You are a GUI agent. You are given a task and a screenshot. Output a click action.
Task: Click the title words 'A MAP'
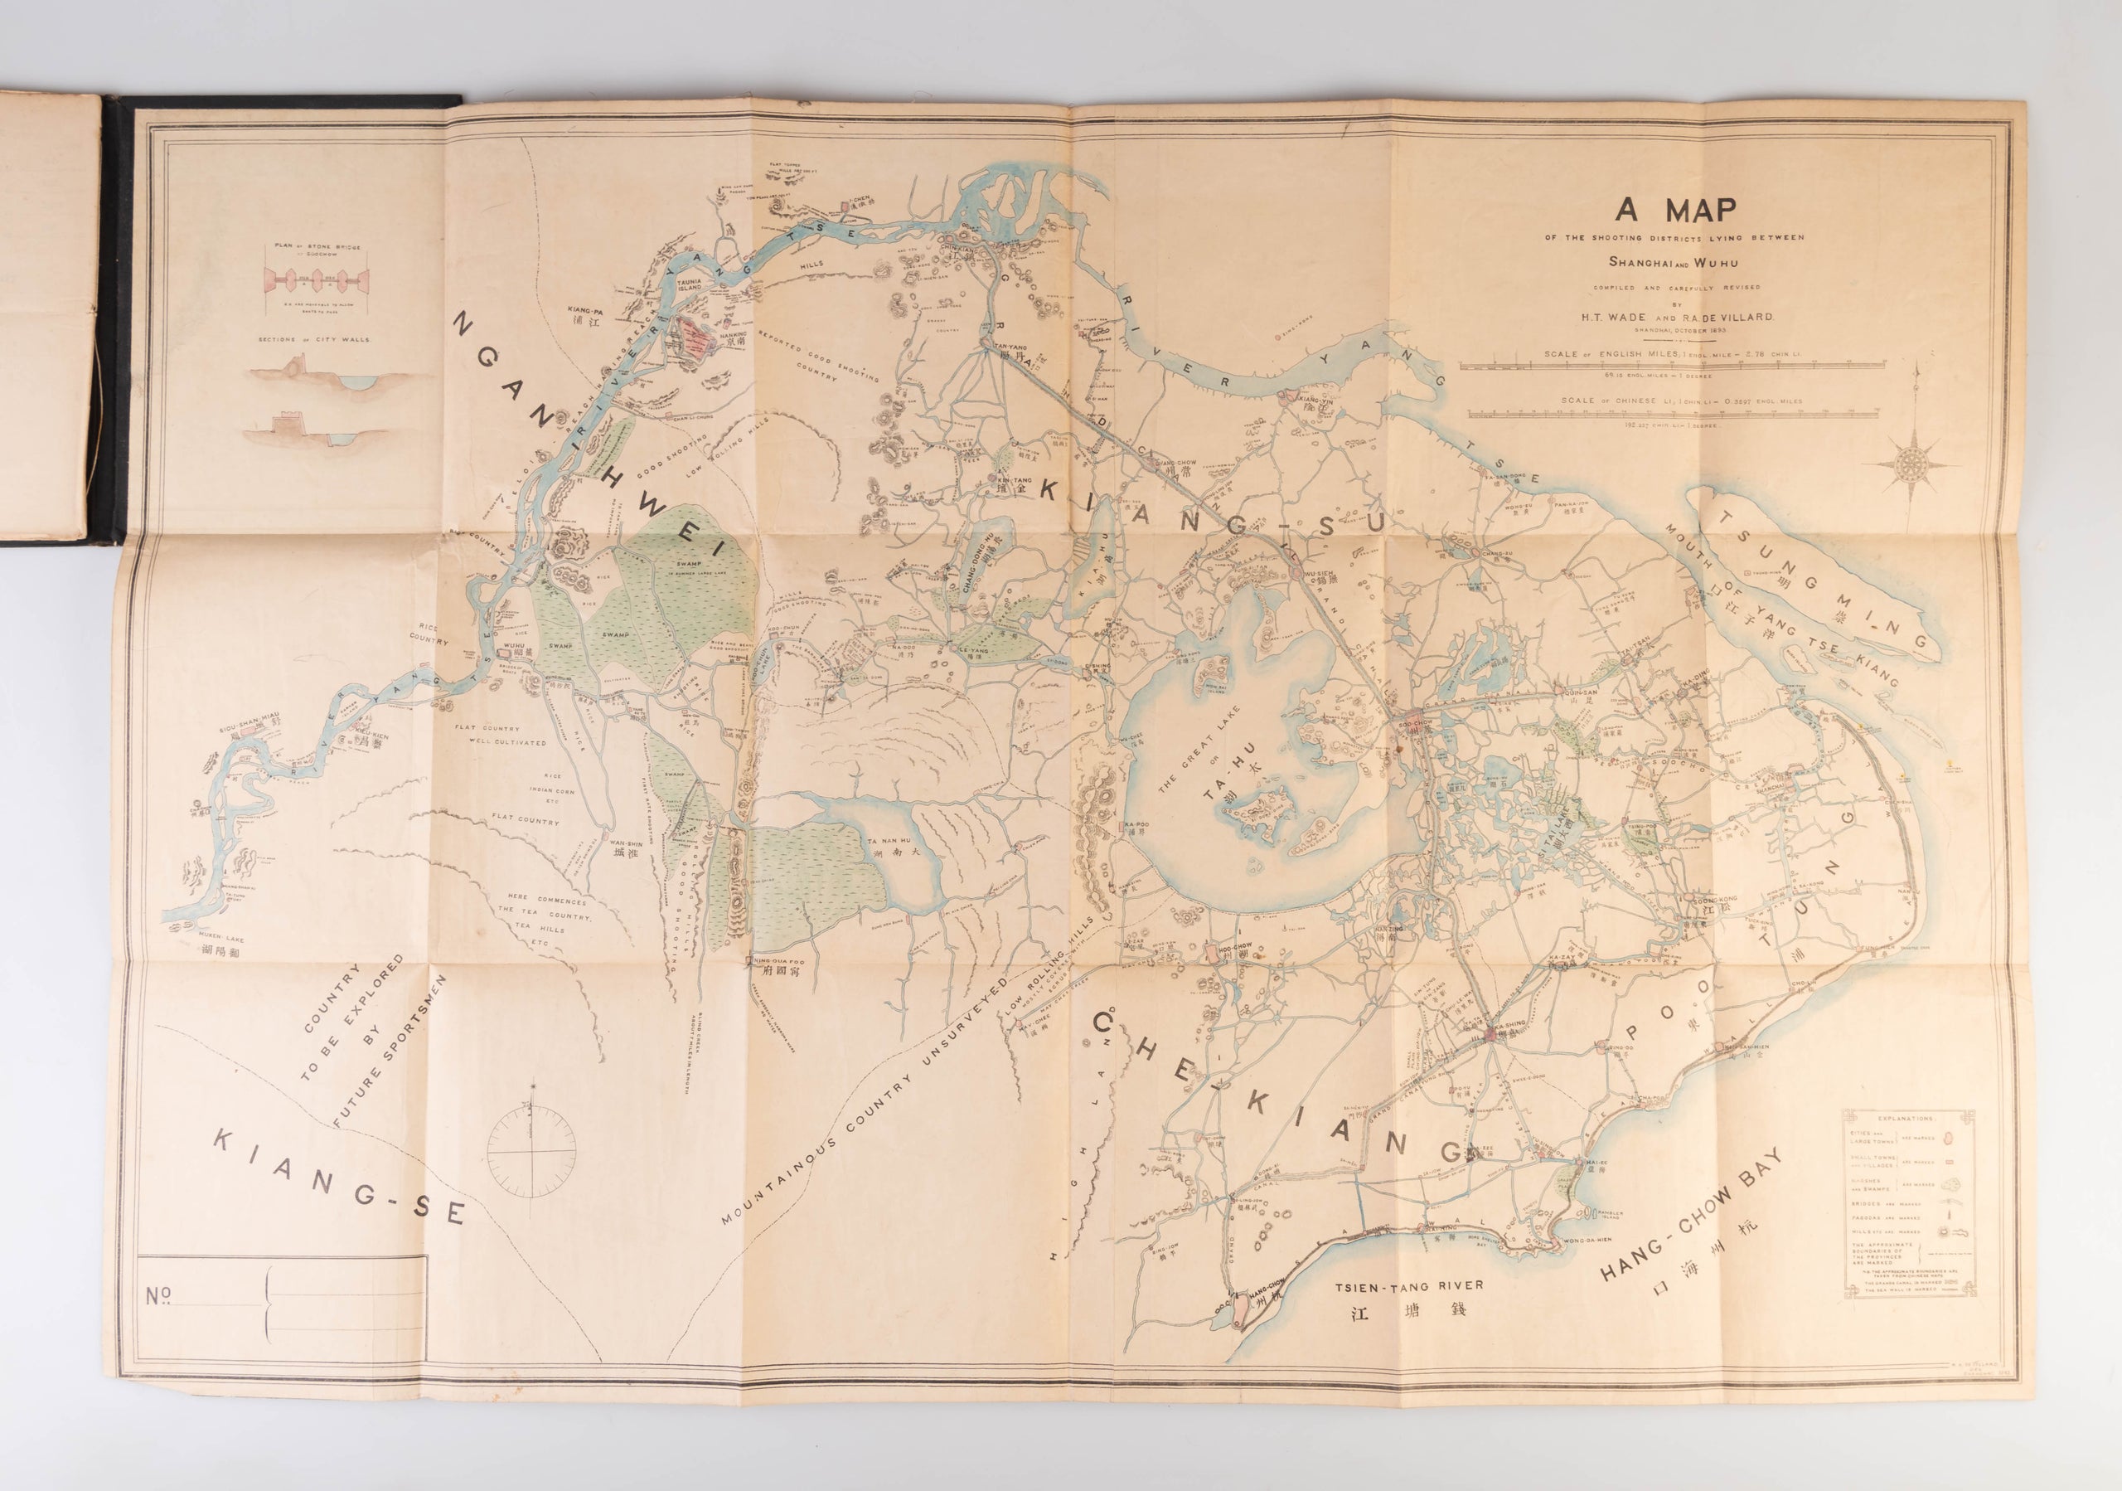point(1674,211)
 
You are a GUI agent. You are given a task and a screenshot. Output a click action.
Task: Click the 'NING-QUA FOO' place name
point(780,960)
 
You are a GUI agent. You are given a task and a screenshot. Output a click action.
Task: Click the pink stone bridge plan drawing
point(317,277)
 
